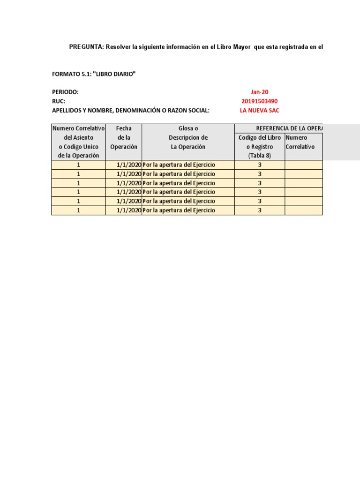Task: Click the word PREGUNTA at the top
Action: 86,47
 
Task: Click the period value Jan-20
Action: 259,92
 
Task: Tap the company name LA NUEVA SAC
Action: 259,110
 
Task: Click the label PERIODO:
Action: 65,92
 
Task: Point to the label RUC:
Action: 58,101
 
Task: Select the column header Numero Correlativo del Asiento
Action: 78,142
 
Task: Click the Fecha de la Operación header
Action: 124,137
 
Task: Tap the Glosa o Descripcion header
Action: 188,137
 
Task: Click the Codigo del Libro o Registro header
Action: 260,146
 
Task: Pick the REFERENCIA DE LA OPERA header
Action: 289,128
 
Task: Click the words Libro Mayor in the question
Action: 232,47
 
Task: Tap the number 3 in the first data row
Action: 260,165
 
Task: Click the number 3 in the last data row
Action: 260,210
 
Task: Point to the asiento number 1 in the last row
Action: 79,210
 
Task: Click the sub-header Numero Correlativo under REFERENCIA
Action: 300,142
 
